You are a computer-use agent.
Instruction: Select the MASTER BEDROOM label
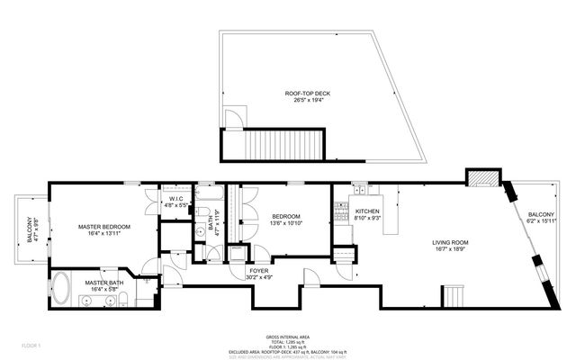pyautogui.click(x=104, y=227)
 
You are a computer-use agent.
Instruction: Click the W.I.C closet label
pyautogui.click(x=176, y=198)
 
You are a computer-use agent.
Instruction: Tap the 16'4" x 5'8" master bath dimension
pyautogui.click(x=104, y=291)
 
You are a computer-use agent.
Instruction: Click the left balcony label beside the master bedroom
pyautogui.click(x=29, y=231)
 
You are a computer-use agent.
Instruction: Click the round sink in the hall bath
pyautogui.click(x=200, y=231)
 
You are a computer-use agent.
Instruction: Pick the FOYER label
pyautogui.click(x=258, y=270)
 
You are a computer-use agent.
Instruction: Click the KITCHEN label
pyautogui.click(x=367, y=211)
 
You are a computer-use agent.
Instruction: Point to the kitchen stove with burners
pyautogui.click(x=341, y=212)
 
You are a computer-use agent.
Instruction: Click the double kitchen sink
pyautogui.click(x=360, y=190)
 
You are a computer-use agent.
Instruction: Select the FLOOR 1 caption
pyautogui.click(x=32, y=344)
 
